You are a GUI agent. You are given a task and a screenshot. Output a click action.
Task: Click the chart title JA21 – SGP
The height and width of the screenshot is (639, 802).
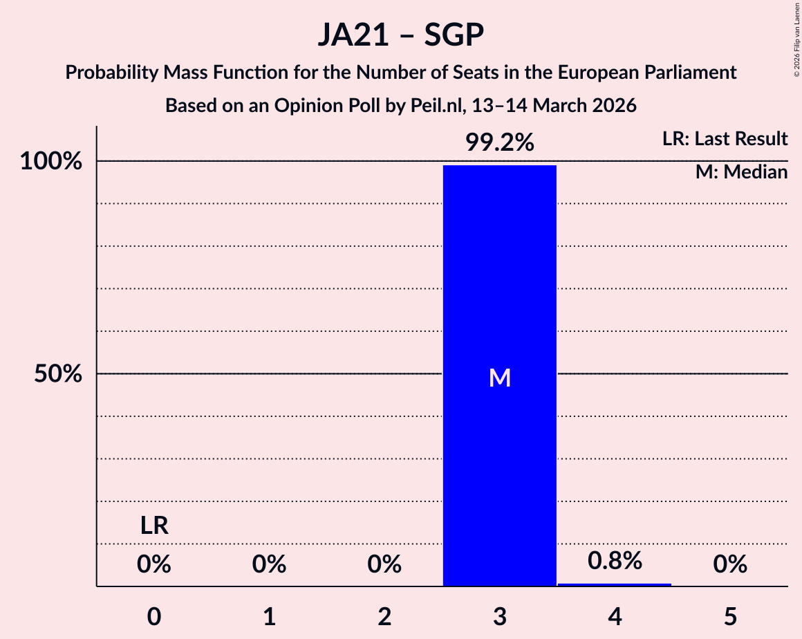[x=400, y=35]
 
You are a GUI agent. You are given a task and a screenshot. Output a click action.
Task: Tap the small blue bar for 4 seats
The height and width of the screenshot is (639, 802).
[x=615, y=584]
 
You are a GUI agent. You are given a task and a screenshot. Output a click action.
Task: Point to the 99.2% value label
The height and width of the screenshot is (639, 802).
[x=499, y=142]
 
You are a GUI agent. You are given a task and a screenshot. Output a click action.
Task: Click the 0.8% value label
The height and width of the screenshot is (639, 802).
[x=615, y=561]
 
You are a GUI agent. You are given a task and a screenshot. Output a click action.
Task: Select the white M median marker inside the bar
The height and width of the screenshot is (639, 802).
[x=499, y=378]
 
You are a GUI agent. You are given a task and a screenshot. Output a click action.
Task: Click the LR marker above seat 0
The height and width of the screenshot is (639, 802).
[x=154, y=526]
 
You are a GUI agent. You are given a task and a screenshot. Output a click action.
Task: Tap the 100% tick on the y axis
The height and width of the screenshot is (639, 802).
[x=53, y=162]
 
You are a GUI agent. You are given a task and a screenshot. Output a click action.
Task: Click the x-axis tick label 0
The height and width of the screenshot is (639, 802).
[x=154, y=616]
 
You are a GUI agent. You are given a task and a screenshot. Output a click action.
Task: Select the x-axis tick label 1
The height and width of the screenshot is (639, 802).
[x=269, y=616]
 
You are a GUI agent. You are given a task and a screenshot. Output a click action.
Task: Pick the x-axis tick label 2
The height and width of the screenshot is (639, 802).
[x=384, y=616]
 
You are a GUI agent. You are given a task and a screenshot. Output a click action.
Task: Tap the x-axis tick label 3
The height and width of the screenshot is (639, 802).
[x=499, y=616]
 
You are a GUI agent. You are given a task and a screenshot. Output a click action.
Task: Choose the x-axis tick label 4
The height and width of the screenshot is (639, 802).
[x=615, y=616]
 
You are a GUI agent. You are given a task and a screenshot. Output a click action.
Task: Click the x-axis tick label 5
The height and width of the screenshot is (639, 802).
[x=730, y=616]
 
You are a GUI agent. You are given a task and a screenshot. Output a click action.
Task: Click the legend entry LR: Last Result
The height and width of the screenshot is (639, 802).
[x=724, y=139]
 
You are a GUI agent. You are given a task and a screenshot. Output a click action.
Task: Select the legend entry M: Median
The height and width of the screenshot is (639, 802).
[x=741, y=172]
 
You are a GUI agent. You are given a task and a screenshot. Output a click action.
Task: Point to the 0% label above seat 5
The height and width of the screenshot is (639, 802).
[x=730, y=565]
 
